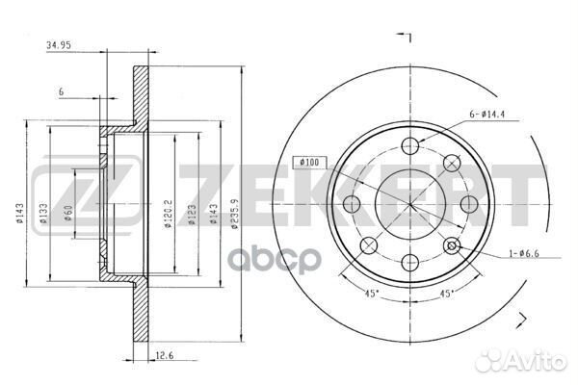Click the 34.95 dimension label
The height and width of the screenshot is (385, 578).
coord(58,45)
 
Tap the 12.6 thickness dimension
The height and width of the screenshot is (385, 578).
coord(165,355)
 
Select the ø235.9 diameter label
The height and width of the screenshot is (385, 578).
coord(235,215)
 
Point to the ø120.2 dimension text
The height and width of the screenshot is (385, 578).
coord(168,214)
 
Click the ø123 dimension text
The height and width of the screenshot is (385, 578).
coord(192,215)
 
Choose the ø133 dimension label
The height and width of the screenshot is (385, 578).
coord(43,214)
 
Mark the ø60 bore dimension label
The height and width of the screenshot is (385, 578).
coord(68,214)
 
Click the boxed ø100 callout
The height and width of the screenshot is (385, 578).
coord(310,162)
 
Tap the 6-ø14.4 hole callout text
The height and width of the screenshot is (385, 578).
coord(486,115)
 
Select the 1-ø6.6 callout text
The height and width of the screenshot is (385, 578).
coord(524,253)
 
